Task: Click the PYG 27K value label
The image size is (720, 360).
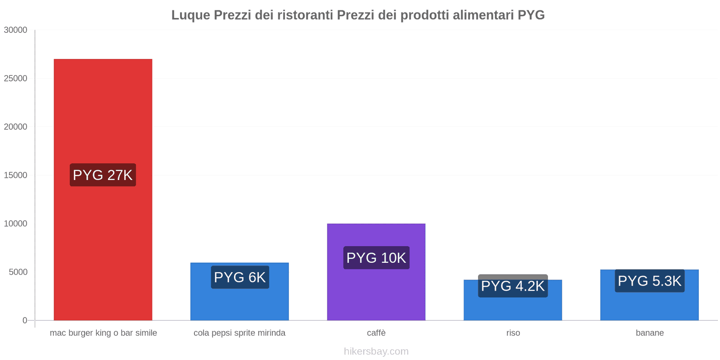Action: (103, 175)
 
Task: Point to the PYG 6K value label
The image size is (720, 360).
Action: (240, 277)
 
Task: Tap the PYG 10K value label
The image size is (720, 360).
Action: (376, 258)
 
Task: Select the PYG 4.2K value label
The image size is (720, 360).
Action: (513, 286)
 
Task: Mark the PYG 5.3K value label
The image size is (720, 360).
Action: (649, 281)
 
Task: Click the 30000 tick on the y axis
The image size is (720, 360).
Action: (16, 30)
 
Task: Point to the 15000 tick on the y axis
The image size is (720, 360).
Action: (16, 175)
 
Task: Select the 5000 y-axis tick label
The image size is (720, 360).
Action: (18, 272)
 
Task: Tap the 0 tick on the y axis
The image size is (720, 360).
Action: (25, 320)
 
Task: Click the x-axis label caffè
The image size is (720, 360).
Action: (376, 333)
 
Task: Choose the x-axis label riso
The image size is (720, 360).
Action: (513, 333)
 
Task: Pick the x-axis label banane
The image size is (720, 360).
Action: (649, 333)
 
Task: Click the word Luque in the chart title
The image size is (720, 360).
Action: (190, 15)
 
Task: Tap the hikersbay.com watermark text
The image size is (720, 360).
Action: (376, 351)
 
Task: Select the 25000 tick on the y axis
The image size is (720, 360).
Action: (16, 79)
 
